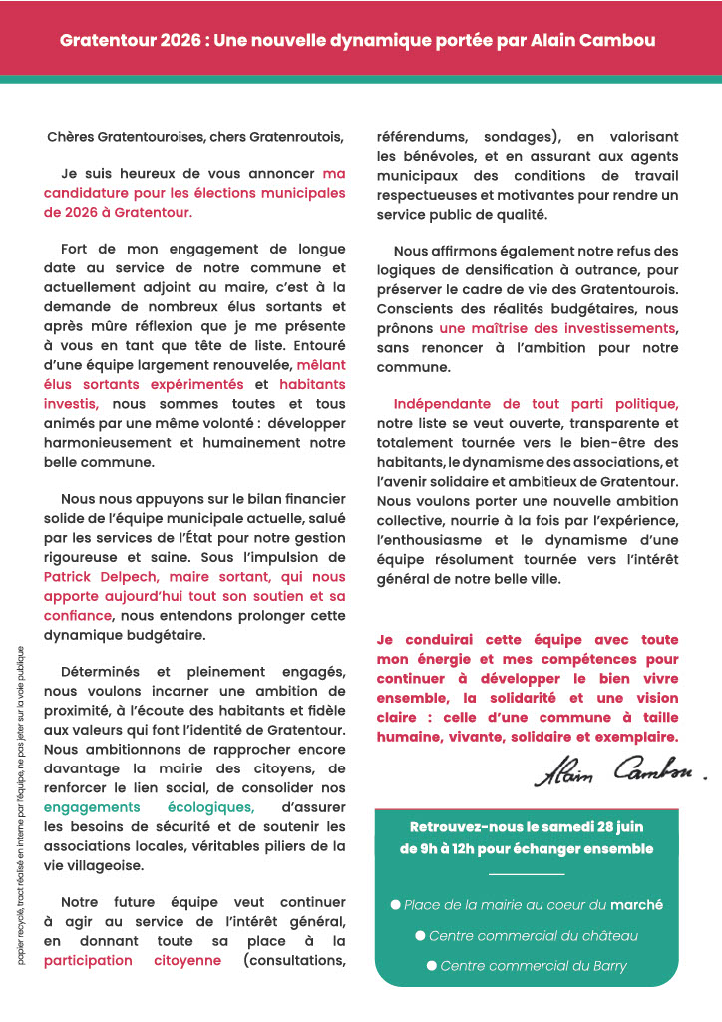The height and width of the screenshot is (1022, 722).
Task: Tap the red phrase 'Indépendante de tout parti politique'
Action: click(x=536, y=404)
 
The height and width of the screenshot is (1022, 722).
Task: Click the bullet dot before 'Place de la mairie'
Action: click(x=395, y=905)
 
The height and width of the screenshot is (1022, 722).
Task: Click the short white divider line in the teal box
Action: click(x=527, y=875)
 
